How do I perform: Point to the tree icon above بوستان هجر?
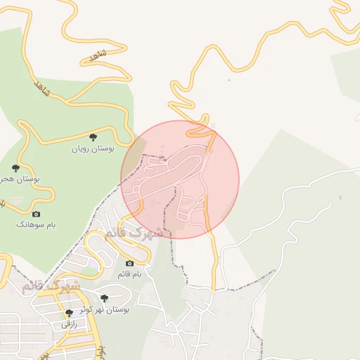[15, 168]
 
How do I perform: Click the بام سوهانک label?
[37, 224]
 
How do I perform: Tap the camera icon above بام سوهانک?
[37, 214]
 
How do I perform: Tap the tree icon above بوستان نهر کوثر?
[104, 299]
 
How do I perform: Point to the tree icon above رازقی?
[69, 313]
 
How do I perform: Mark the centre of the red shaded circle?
[180, 179]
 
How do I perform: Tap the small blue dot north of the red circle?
[229, 80]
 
